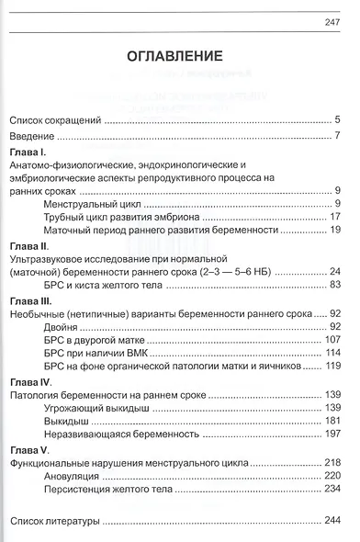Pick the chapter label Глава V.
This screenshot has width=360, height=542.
pos(30,447)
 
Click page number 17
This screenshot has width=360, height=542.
pos(335,217)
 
